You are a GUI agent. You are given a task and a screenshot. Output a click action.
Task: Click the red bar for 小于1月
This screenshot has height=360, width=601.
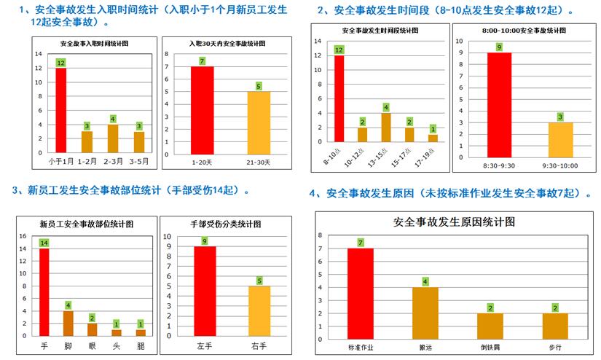(60, 109)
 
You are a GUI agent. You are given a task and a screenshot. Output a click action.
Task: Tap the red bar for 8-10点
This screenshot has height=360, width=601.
(339, 98)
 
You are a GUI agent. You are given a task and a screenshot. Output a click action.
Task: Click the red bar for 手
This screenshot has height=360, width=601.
(44, 291)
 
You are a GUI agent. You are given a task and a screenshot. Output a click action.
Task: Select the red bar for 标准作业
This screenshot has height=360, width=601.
(360, 292)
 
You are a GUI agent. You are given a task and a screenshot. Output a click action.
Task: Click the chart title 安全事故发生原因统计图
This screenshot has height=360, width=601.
(454, 222)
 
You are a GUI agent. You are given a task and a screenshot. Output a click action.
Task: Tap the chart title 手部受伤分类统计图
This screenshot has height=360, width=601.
(226, 224)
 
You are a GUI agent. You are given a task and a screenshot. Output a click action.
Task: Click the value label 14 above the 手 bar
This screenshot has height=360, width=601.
(44, 243)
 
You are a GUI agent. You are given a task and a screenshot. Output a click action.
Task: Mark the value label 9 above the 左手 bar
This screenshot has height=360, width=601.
(204, 241)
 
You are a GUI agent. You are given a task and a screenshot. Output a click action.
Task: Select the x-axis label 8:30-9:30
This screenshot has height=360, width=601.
(498, 165)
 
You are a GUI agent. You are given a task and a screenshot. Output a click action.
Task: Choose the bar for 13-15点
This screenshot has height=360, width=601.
(386, 127)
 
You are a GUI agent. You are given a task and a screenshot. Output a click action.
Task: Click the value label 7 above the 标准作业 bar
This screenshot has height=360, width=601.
(360, 243)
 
